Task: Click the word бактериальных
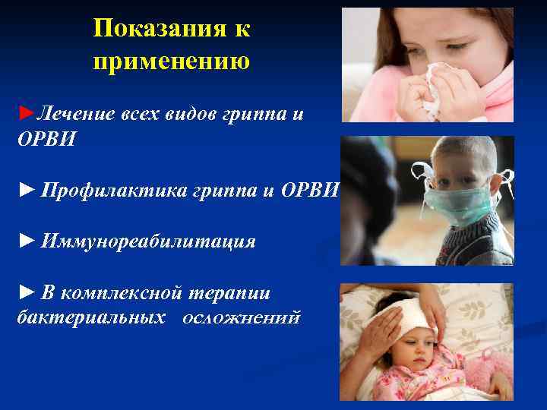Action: click(x=90, y=317)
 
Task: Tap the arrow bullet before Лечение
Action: click(x=26, y=114)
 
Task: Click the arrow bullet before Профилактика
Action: click(x=27, y=189)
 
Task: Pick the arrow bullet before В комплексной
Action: click(x=27, y=293)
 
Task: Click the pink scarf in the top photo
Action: click(x=494, y=99)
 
